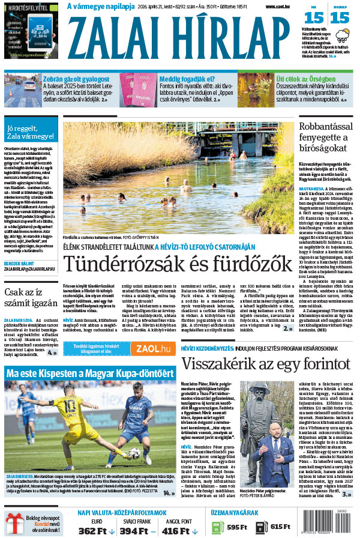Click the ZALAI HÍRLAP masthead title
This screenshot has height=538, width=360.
point(179,36)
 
